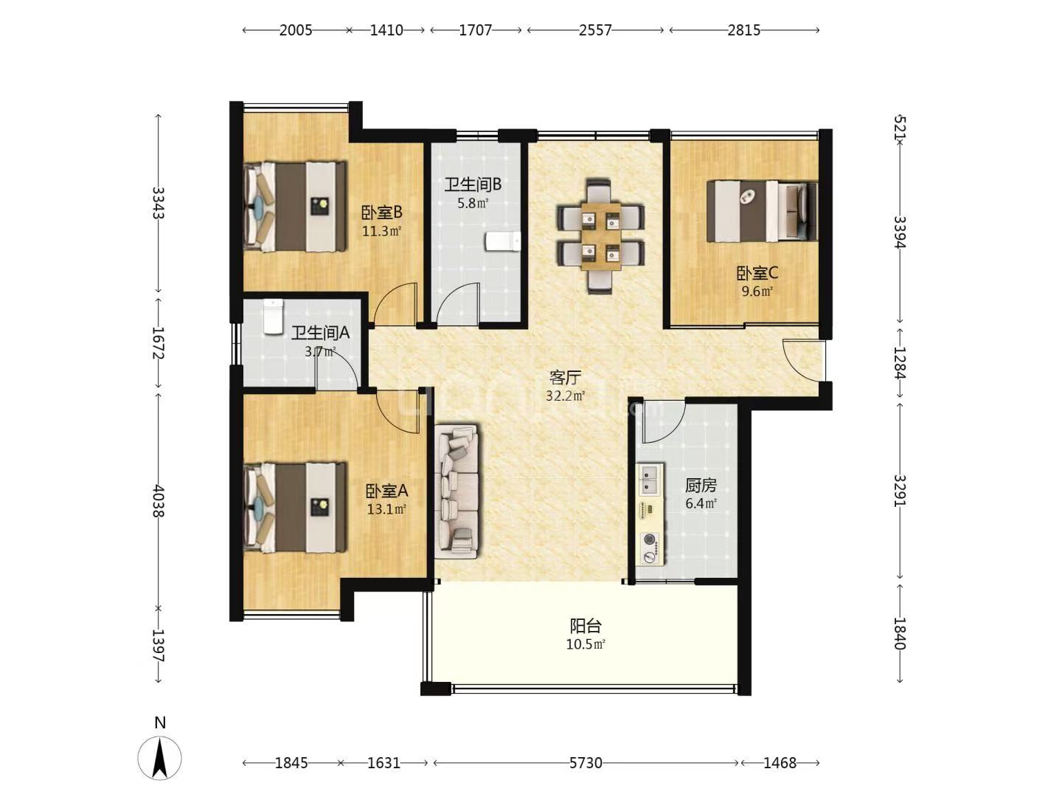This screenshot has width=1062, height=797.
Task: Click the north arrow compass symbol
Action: coord(160,757)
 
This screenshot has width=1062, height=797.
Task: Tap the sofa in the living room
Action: coord(457,490)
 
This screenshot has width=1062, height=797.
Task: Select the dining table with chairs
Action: coord(600,235)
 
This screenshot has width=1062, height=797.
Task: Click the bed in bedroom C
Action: coord(762,210)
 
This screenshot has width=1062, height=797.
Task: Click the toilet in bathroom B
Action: coord(503,241)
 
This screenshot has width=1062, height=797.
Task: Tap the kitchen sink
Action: coord(650,477)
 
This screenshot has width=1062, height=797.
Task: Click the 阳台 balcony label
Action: coord(586,627)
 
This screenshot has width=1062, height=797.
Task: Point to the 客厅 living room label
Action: coord(565,378)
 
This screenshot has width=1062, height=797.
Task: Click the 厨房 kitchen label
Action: coord(701,486)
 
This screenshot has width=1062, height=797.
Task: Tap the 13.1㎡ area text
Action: coord(386,509)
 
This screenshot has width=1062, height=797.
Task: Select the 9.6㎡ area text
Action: coord(757,291)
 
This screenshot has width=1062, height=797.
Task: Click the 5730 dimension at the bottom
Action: coord(586,763)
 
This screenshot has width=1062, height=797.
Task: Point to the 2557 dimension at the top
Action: coord(595,30)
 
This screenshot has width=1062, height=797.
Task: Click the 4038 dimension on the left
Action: coord(158,500)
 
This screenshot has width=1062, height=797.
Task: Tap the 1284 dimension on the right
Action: coord(900,362)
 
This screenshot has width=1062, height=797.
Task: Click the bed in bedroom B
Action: coord(295,207)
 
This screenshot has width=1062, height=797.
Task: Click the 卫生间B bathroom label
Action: coord(473,184)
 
